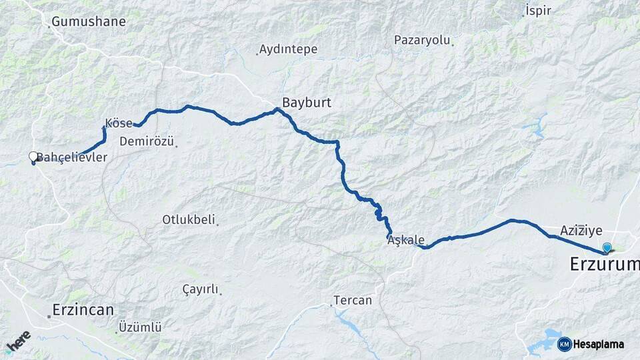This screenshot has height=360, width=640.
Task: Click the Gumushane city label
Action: click(x=89, y=21)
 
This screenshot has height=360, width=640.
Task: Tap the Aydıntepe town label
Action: click(x=288, y=49)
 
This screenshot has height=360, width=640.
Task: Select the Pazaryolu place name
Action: click(x=422, y=40)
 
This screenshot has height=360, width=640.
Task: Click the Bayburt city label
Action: click(x=306, y=103)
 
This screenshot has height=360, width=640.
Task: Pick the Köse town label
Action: click(x=119, y=124)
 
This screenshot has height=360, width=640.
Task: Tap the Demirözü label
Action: click(x=147, y=141)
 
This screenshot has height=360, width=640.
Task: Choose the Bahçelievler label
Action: click(x=72, y=157)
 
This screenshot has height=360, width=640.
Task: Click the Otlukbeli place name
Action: click(x=189, y=219)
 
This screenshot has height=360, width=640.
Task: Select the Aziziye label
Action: click(x=581, y=231)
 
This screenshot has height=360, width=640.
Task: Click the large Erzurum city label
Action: click(x=604, y=265)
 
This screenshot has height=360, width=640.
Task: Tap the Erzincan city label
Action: click(x=83, y=310)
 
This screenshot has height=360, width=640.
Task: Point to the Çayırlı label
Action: click(x=201, y=289)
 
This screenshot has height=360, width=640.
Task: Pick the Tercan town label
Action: click(x=353, y=301)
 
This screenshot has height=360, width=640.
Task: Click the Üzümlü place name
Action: click(x=140, y=327)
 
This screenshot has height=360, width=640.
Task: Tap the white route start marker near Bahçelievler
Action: click(x=33, y=157)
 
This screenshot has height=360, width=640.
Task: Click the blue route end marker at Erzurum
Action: click(x=607, y=248)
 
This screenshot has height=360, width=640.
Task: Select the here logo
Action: click(x=18, y=341)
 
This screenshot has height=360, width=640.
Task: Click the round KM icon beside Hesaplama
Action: click(x=565, y=344)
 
